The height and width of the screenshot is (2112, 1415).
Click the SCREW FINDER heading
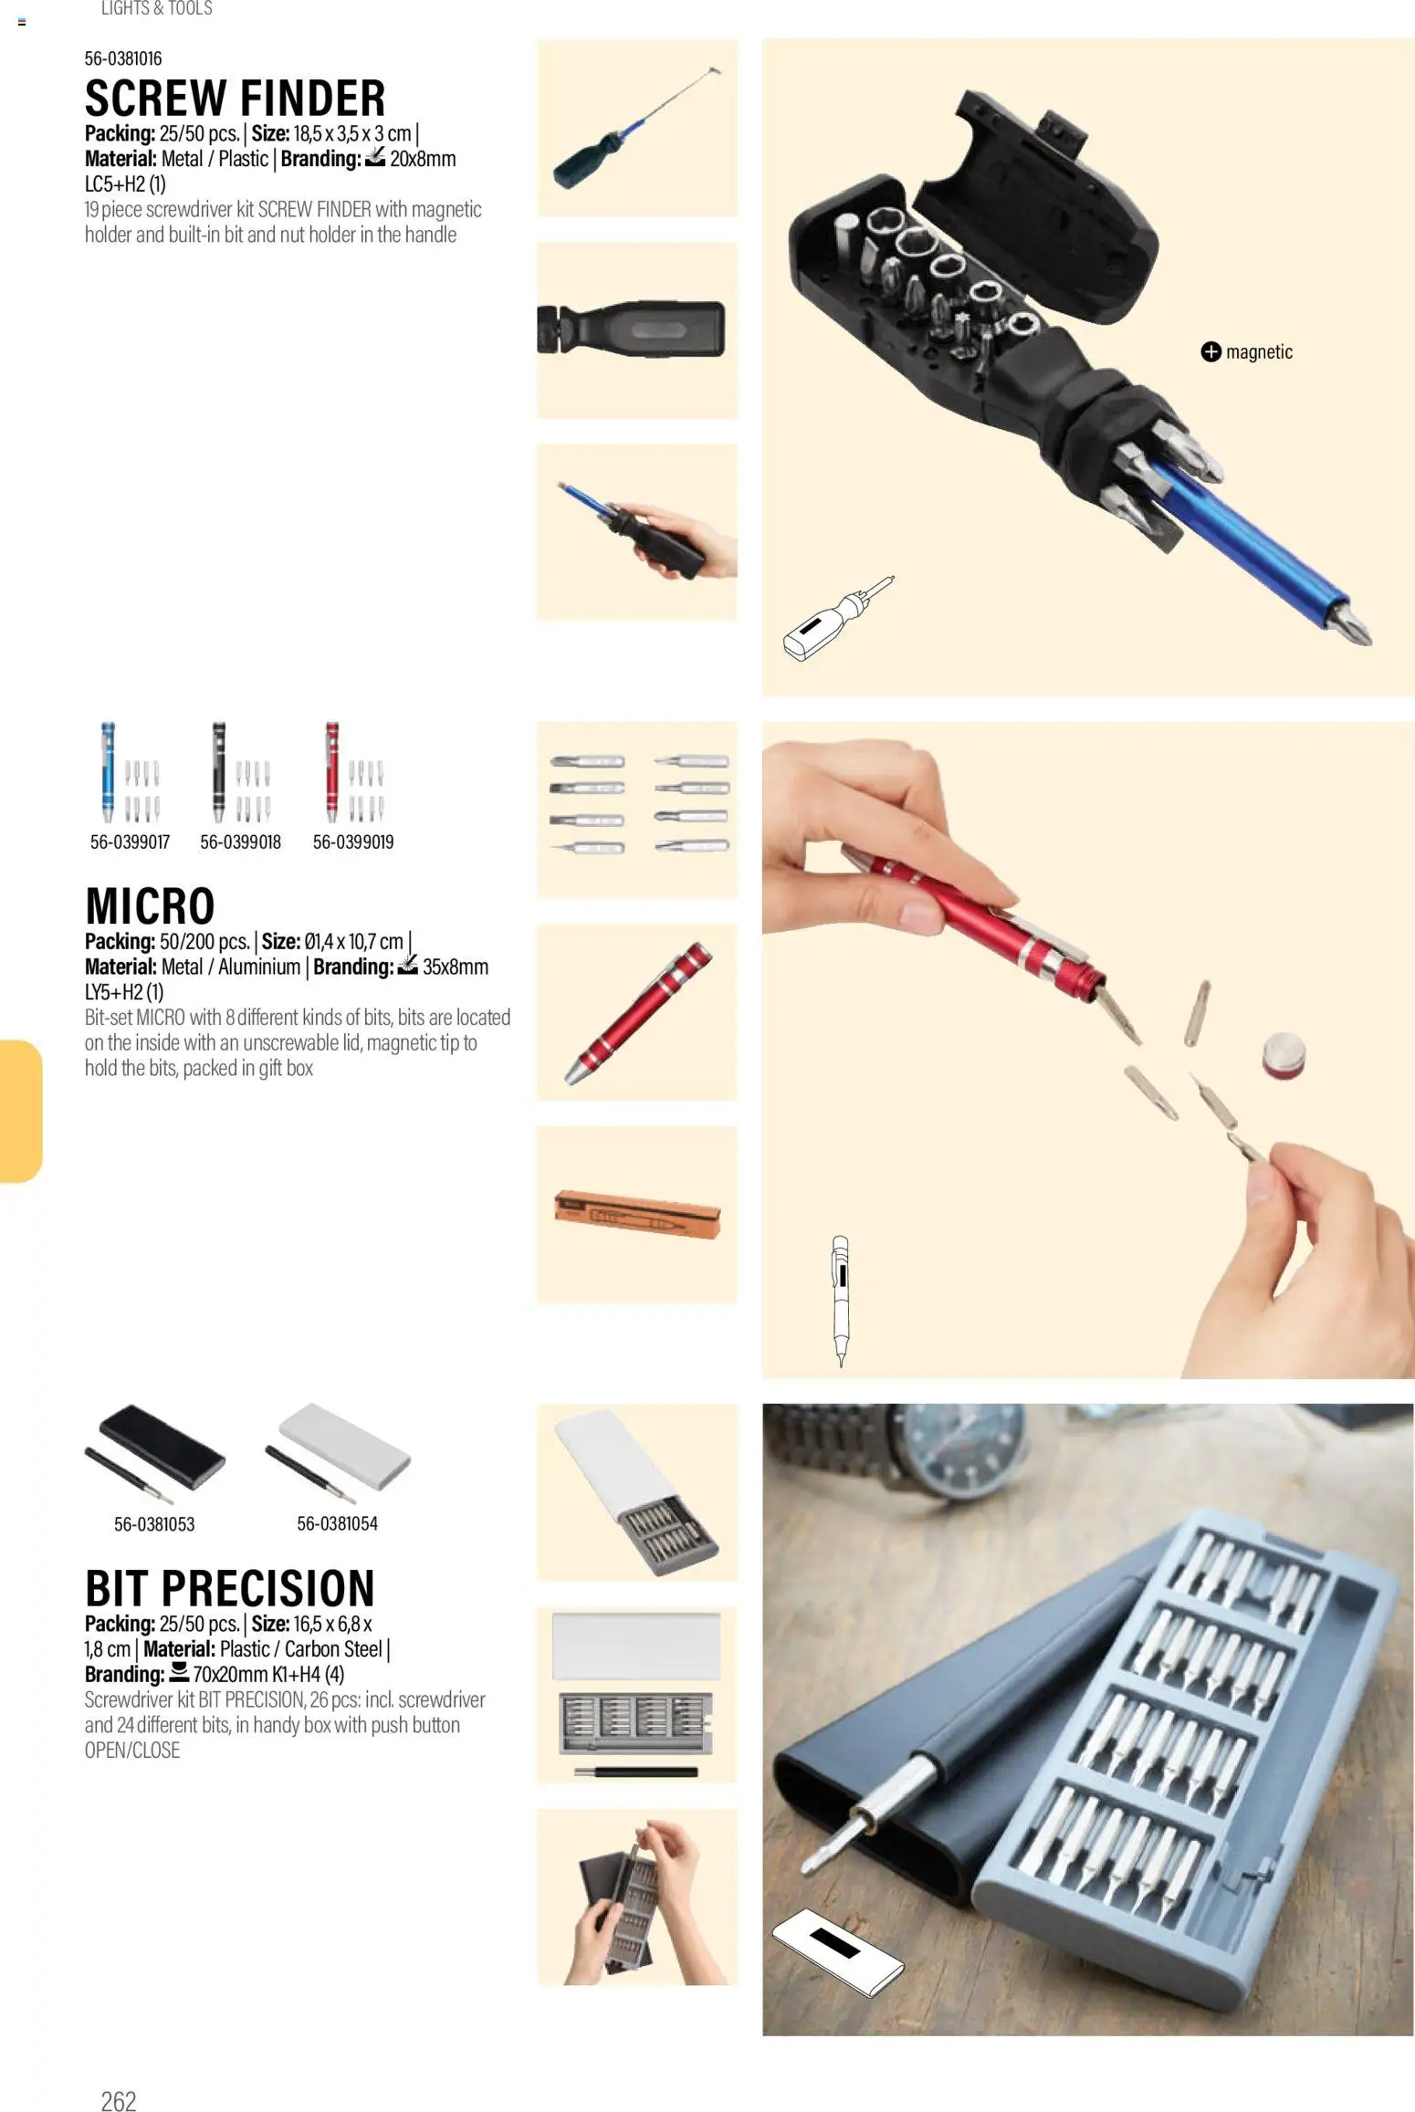235,99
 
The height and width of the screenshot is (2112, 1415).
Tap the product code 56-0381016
123,59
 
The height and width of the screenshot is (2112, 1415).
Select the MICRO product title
150,906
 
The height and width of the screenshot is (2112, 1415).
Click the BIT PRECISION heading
229,1589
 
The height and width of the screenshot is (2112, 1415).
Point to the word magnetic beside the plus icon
1259,352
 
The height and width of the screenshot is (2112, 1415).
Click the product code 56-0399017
130,842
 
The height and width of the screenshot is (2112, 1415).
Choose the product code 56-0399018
240,842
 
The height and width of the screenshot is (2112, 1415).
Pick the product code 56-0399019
353,842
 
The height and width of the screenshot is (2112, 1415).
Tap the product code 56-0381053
154,1524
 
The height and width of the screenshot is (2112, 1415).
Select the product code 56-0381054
337,1523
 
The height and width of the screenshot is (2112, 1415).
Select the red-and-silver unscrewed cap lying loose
1284,1055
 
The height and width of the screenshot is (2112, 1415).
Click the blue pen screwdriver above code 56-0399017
109,771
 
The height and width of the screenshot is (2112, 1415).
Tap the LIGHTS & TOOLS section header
156,9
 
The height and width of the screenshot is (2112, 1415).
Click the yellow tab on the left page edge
20,1111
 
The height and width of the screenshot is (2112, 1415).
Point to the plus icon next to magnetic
1211,352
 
